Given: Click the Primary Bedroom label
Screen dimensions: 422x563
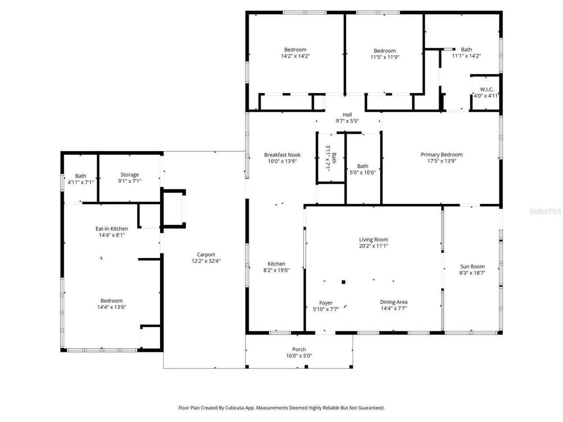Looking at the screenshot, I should [442, 154].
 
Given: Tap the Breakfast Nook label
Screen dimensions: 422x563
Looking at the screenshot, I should [282, 155].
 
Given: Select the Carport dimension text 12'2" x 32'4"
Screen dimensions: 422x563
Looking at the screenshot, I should [206, 261].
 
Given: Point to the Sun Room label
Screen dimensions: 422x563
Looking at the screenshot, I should [472, 266].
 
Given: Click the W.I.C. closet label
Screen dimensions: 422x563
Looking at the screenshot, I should [486, 89].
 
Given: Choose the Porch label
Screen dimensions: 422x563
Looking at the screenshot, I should [299, 349].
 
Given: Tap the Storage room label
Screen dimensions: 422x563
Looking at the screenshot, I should [129, 175].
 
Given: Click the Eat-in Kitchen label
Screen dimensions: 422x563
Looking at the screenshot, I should [112, 229].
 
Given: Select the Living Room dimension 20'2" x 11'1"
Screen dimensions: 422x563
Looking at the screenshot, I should [373, 246].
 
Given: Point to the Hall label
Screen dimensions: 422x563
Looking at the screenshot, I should [347, 115].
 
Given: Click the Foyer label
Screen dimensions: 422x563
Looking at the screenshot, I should [325, 303].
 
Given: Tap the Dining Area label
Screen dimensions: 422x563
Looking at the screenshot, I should [393, 302].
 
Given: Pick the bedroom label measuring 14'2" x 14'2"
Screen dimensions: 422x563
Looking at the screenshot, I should [295, 50].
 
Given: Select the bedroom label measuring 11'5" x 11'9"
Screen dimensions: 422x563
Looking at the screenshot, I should [384, 51].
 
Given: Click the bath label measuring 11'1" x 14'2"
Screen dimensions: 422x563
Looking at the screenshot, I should [466, 50].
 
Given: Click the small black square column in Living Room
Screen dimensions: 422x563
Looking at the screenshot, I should [344, 282].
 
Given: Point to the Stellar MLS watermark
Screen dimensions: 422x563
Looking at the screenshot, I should [545, 211].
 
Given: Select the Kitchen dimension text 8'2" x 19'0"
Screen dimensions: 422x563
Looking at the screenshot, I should [276, 270].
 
